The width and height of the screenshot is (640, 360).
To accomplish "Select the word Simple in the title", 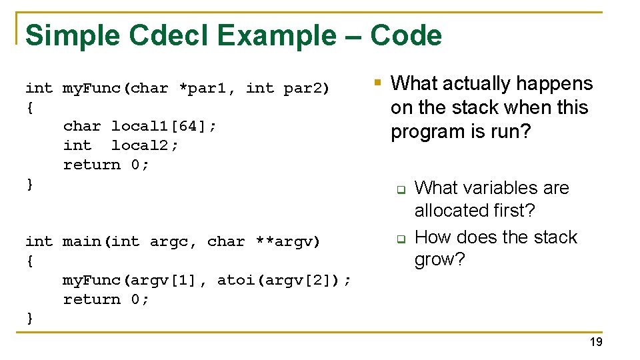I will [x=73, y=35].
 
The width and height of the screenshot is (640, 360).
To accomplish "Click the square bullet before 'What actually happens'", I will [x=377, y=83].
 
